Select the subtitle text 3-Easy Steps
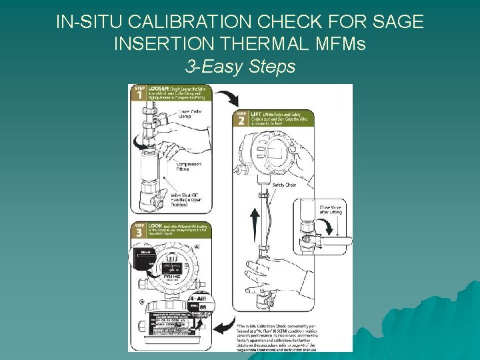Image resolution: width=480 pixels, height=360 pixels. (239, 67)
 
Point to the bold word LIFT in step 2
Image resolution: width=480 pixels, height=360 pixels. (256, 115)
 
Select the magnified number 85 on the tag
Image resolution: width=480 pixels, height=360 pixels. (202, 306)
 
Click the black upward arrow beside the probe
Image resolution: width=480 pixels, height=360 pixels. (253, 224)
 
